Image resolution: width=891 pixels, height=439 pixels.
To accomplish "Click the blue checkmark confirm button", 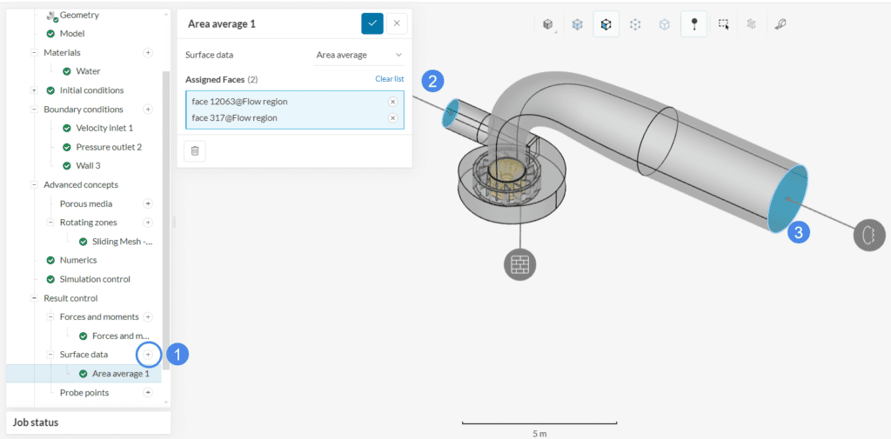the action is (x=372, y=23).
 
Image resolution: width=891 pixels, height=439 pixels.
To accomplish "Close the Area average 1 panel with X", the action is (x=397, y=23).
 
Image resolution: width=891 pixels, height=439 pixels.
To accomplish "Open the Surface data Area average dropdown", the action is (x=359, y=55).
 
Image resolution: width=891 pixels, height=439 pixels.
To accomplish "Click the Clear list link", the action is (x=389, y=79).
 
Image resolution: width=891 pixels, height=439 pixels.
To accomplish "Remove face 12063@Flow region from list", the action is (x=392, y=102).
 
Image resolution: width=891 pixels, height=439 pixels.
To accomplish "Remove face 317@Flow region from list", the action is (x=392, y=118).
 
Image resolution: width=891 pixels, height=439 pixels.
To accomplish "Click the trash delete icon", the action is (x=195, y=151).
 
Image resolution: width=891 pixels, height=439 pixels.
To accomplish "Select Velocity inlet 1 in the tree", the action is (x=104, y=129).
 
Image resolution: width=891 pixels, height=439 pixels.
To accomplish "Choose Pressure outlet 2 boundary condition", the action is (x=109, y=147).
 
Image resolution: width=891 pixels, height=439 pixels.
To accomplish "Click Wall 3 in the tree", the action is (x=88, y=166).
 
